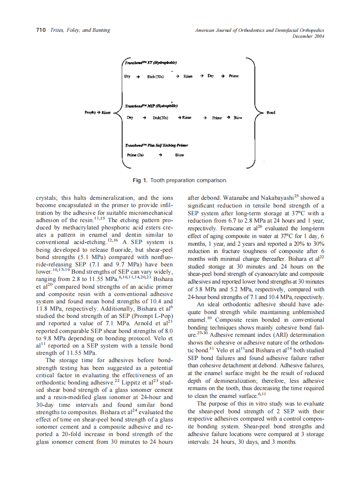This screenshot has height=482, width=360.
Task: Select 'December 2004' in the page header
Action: pyautogui.click(x=308, y=37)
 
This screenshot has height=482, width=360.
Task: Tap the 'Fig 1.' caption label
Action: pyautogui.click(x=140, y=180)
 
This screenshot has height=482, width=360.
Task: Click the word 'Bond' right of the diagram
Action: pyautogui.click(x=271, y=113)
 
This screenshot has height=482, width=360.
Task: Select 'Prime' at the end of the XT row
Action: pyautogui.click(x=234, y=76)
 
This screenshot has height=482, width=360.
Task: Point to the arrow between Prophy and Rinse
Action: pyautogui.click(x=99, y=113)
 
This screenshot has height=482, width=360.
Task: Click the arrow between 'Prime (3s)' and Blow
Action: pyautogui.click(x=160, y=155)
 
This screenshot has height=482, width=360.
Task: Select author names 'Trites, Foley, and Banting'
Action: pyautogui.click(x=80, y=30)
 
